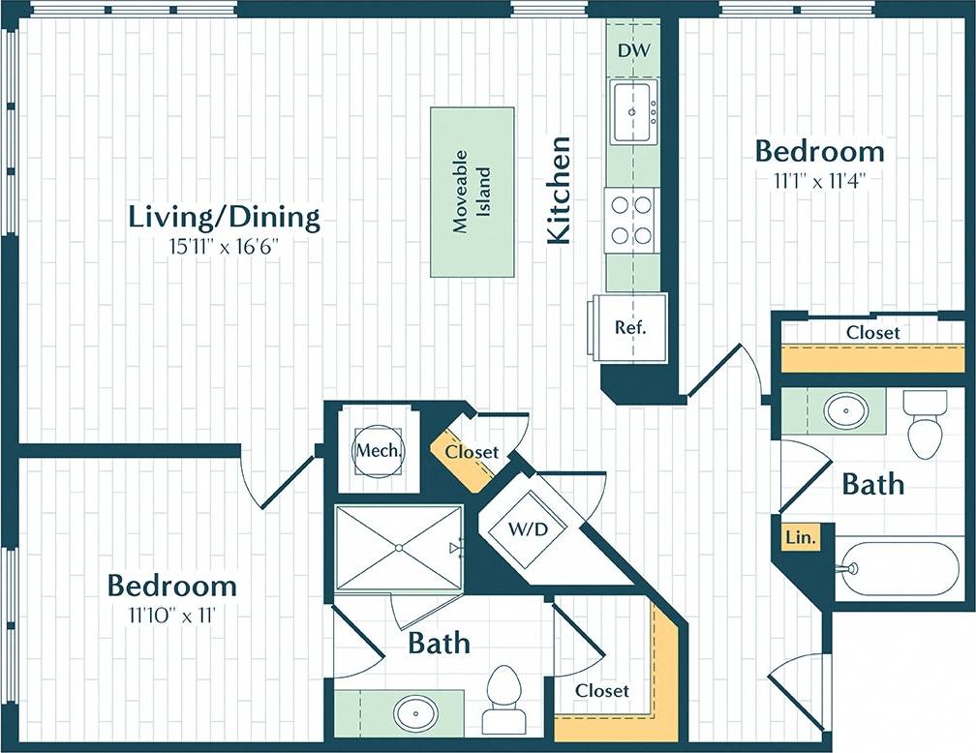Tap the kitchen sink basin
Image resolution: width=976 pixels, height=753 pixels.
(634, 112)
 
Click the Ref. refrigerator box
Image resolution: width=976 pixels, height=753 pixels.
(630, 327)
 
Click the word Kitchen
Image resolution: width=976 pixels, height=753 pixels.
(561, 190)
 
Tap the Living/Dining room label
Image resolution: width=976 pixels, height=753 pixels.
(224, 217)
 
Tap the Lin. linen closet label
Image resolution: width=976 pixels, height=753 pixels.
(798, 536)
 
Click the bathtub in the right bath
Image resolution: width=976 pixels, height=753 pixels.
(898, 568)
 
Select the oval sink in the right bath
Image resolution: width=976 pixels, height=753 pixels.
(845, 410)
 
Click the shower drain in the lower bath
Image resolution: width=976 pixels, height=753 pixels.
(398, 547)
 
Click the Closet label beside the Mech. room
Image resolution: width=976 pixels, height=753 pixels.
(473, 452)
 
